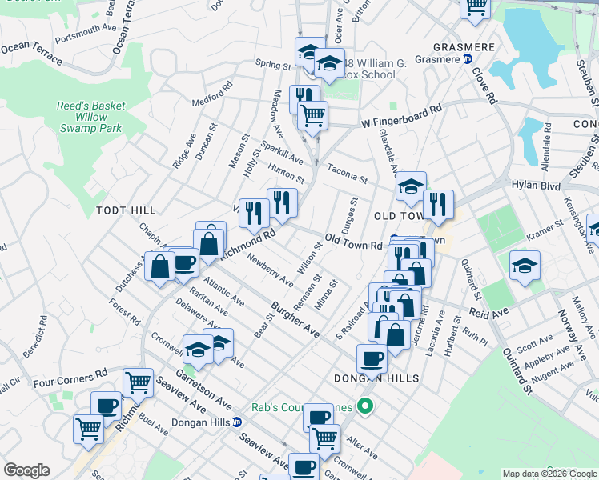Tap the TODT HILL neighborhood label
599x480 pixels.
(126, 210)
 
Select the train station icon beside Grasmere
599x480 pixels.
(468, 58)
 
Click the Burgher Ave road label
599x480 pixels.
(295, 319)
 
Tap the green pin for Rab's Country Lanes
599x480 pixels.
(366, 408)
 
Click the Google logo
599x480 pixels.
(27, 470)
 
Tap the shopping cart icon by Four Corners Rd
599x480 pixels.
(138, 382)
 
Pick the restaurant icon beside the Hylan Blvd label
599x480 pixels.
(437, 204)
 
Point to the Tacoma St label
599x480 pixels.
(346, 174)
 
